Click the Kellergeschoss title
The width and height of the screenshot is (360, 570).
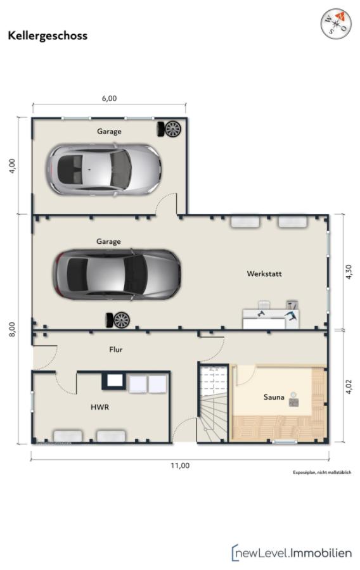(48, 36)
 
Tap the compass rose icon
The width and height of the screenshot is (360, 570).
(336, 23)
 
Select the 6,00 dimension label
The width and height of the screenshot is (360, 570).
(109, 98)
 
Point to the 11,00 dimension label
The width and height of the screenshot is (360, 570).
(181, 465)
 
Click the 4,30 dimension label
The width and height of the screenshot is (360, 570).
(349, 272)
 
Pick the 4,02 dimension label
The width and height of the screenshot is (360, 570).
(349, 387)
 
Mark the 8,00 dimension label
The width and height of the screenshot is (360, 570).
(13, 329)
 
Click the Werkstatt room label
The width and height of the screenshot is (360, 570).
(264, 274)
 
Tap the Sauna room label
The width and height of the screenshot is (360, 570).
(274, 397)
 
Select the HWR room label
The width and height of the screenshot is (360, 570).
(100, 407)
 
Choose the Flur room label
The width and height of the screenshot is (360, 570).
(115, 350)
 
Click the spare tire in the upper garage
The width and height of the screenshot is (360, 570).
(169, 129)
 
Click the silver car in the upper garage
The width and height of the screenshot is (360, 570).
(103, 170)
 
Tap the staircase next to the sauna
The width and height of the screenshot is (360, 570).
(214, 403)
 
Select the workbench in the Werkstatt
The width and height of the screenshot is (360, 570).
(271, 315)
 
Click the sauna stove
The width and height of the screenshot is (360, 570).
(294, 400)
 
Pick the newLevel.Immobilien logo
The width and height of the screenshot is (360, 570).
(292, 553)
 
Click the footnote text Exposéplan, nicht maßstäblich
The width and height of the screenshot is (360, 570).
(322, 472)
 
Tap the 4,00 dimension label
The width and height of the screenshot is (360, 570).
(13, 166)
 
